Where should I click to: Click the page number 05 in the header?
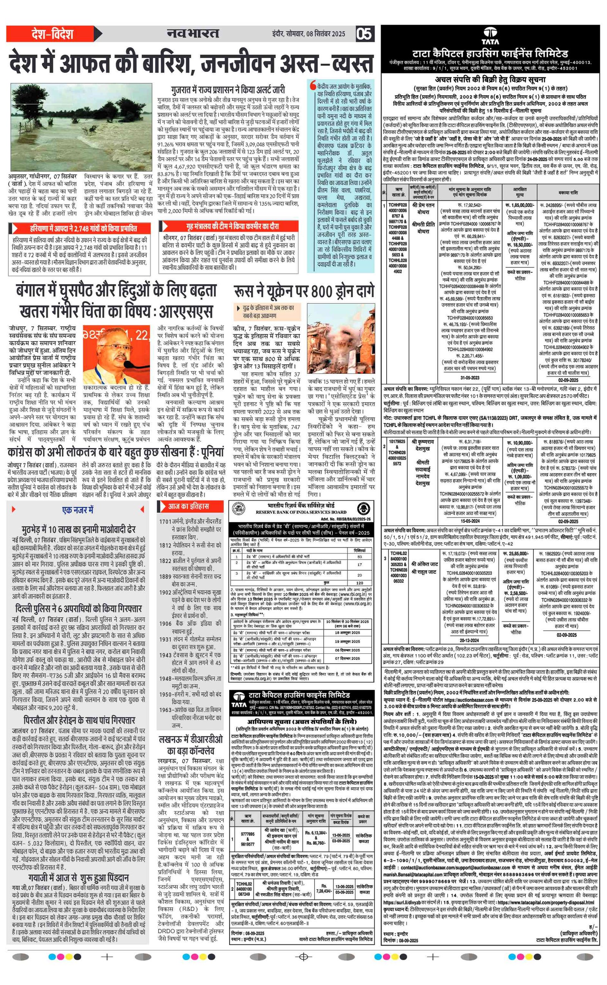[364, 34]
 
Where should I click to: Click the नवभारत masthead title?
[193, 34]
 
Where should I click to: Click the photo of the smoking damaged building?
[341, 338]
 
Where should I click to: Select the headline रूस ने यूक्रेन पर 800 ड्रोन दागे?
[304, 292]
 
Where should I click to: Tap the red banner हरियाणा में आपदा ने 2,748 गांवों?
[83, 229]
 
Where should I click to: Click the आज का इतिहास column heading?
[188, 506]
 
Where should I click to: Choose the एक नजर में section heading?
[77, 510]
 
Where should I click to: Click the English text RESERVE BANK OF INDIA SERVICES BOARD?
[301, 512]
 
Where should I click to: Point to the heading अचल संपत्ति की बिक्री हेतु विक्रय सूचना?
[490, 79]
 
